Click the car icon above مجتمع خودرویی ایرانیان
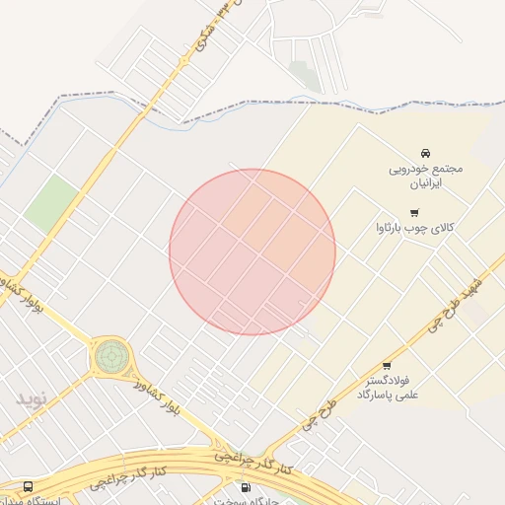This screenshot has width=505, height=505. [x=425, y=153]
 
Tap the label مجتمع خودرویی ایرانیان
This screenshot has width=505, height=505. [x=425, y=175]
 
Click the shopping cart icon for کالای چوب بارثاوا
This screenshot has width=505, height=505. [x=414, y=212]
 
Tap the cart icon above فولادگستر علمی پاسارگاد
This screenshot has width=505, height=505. [x=387, y=366]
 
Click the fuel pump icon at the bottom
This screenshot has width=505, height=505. [x=245, y=487]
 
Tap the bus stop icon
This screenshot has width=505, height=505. [x=28, y=487]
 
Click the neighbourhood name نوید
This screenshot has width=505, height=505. [x=30, y=398]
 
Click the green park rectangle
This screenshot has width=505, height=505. [x=51, y=204]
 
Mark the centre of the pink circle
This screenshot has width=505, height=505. [x=252, y=252]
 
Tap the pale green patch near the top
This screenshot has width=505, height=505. [x=305, y=75]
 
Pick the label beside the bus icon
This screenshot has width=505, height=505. [x=59, y=500]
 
